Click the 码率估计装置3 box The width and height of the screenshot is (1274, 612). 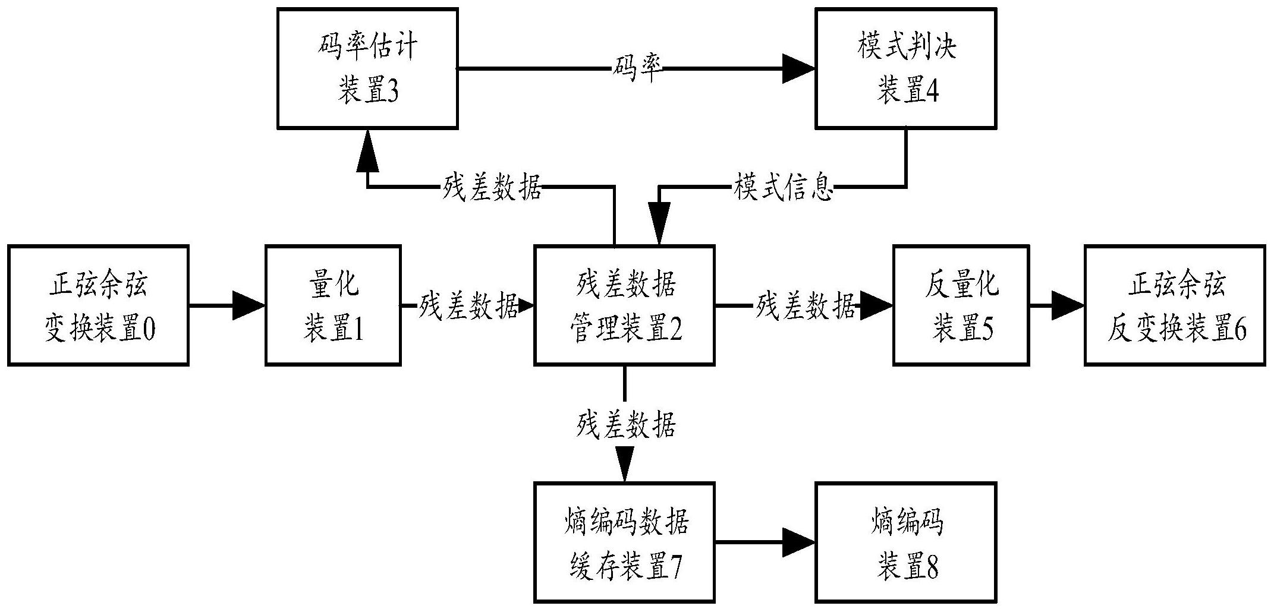pyautogui.click(x=367, y=68)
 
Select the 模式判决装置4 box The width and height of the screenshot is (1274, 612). pyautogui.click(x=905, y=68)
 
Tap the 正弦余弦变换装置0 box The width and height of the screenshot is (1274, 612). pyautogui.click(x=98, y=305)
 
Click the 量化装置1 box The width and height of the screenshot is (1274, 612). pyautogui.click(x=332, y=305)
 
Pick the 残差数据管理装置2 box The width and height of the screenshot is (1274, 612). pyautogui.click(x=624, y=305)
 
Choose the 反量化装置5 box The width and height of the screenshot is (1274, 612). pyautogui.click(x=961, y=305)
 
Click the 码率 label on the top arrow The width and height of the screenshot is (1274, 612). pyautogui.click(x=637, y=69)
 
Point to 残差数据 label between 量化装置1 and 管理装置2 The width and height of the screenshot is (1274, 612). pyautogui.click(x=468, y=305)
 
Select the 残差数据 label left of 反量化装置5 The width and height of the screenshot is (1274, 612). pyautogui.click(x=805, y=305)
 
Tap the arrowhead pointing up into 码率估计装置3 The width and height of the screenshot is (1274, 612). pyautogui.click(x=367, y=149)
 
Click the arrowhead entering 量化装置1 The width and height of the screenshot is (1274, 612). pyautogui.click(x=248, y=305)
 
